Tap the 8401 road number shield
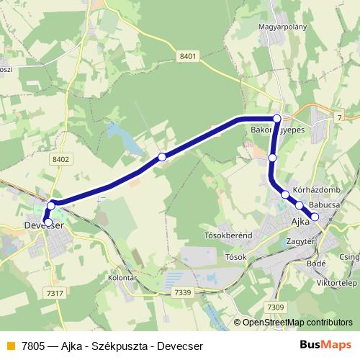(x=189, y=55)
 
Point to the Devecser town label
(x=45, y=225)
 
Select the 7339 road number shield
(x=183, y=292)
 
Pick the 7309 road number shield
(x=275, y=307)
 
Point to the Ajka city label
(x=300, y=221)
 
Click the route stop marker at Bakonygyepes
(x=276, y=118)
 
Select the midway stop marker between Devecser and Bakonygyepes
(x=162, y=156)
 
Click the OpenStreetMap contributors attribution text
(x=297, y=323)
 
